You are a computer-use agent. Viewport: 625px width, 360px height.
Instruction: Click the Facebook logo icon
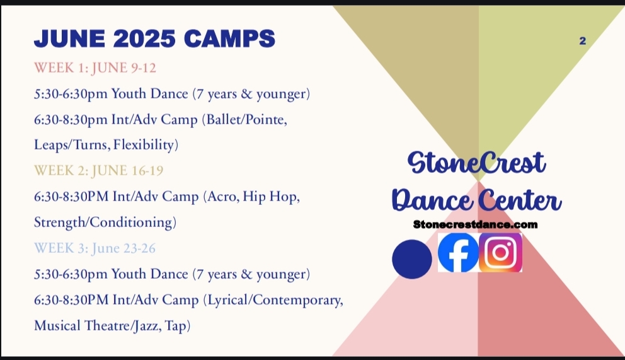point(459,253)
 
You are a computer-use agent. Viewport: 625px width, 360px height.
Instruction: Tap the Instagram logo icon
point(501,253)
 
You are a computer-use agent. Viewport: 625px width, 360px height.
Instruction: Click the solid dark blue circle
point(412,259)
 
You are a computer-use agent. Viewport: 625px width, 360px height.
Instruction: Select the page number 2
point(582,40)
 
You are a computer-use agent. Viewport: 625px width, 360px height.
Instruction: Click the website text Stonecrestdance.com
point(475,224)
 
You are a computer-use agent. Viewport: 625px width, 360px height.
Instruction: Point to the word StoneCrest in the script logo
point(477,163)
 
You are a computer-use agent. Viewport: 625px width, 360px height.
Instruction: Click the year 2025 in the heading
point(144,38)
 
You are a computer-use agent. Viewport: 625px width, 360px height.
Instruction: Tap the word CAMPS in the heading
point(229,38)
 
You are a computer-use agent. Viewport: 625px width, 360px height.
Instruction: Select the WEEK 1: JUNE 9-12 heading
point(95,67)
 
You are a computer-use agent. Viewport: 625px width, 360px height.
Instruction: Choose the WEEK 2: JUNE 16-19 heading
point(98,171)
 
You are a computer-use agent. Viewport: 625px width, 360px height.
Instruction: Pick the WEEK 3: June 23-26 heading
point(95,248)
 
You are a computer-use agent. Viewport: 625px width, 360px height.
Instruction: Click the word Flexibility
point(146,145)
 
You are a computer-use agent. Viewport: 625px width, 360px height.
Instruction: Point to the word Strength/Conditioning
point(105,222)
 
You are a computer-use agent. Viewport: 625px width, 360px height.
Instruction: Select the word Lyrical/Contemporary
point(273,300)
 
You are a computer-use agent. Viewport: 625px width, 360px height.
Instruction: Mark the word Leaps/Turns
point(72,145)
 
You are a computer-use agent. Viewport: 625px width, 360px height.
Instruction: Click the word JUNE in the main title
point(70,38)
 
